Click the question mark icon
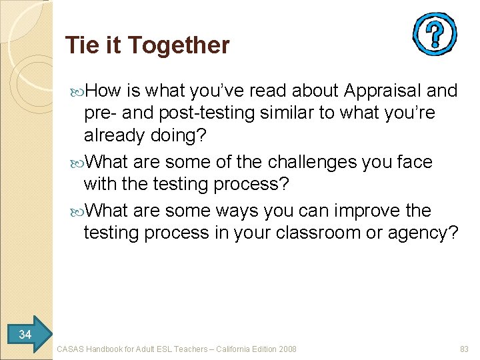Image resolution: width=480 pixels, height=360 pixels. coord(434,33)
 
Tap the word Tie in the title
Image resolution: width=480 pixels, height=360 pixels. coord(81,45)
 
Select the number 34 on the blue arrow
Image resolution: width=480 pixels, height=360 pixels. coord(25,334)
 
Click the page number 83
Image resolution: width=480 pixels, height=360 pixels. coord(465,349)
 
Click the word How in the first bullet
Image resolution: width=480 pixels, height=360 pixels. coord(102,91)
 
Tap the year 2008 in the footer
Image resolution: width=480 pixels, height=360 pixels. coord(287,349)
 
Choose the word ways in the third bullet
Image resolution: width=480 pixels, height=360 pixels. coord(237,211)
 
